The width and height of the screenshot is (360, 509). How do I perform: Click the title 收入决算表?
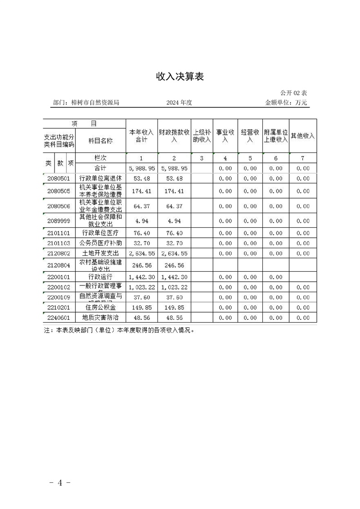pyautogui.click(x=180, y=77)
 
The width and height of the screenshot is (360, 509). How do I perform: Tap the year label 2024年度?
pyautogui.click(x=179, y=103)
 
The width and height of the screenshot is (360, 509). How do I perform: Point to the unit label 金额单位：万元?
pyautogui.click(x=286, y=103)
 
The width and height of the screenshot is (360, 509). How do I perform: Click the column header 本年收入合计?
pyautogui.click(x=142, y=136)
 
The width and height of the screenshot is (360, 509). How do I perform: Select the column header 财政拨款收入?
pyautogui.click(x=174, y=136)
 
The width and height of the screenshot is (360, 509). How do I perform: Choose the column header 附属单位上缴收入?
pyautogui.click(x=276, y=136)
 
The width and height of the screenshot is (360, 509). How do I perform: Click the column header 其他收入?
pyautogui.click(x=303, y=136)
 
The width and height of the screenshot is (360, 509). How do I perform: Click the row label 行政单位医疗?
pyautogui.click(x=101, y=233)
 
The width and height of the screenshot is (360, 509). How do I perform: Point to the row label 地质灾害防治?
pyautogui.click(x=101, y=318)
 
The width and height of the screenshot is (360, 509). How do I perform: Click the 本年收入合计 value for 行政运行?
pyautogui.click(x=142, y=277)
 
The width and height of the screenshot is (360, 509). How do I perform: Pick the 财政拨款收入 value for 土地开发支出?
pyautogui.click(x=174, y=253)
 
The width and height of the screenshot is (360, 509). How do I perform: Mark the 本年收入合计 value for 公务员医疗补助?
pyautogui.click(x=142, y=243)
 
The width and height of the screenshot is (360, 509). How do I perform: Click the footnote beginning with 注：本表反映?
pyautogui.click(x=119, y=330)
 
